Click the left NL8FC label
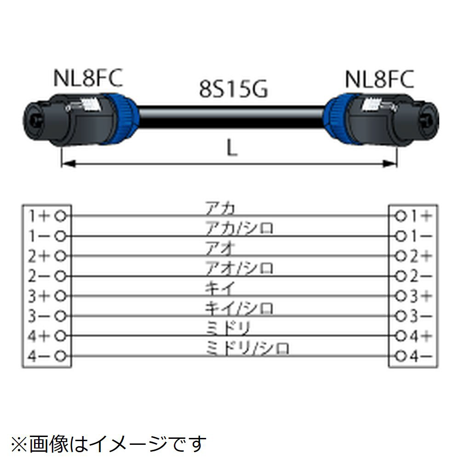(88, 79)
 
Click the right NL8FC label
(379, 79)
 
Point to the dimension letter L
(233, 148)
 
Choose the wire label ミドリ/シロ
(247, 348)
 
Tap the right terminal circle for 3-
(401, 316)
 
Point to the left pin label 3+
(38, 295)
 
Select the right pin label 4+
(420, 336)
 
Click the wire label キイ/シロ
(239, 307)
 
